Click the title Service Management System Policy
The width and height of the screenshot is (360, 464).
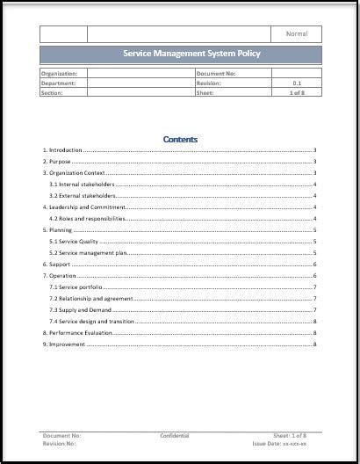pyautogui.click(x=179, y=54)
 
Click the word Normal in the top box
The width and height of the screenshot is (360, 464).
pyautogui.click(x=297, y=34)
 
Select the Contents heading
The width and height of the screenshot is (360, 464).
pyautogui.click(x=180, y=139)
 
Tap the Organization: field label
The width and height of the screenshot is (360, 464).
pyautogui.click(x=60, y=74)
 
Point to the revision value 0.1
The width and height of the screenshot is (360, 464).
pyautogui.click(x=297, y=83)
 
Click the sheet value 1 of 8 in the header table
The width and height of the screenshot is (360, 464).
pyautogui.click(x=296, y=91)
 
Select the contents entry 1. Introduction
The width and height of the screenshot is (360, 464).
pyautogui.click(x=62, y=150)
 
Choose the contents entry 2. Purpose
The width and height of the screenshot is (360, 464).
pyautogui.click(x=57, y=162)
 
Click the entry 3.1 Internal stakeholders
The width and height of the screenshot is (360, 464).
pyautogui.click(x=82, y=185)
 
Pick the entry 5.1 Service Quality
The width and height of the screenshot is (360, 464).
pyautogui.click(x=74, y=241)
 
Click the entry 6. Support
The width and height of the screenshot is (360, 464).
pyautogui.click(x=57, y=264)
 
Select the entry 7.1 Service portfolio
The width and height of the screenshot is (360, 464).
pyautogui.click(x=76, y=286)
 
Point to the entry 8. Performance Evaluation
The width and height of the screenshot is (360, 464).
pyautogui.click(x=78, y=332)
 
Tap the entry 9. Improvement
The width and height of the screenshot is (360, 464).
pyautogui.click(x=64, y=344)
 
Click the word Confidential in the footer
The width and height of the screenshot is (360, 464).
pyautogui.click(x=174, y=435)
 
